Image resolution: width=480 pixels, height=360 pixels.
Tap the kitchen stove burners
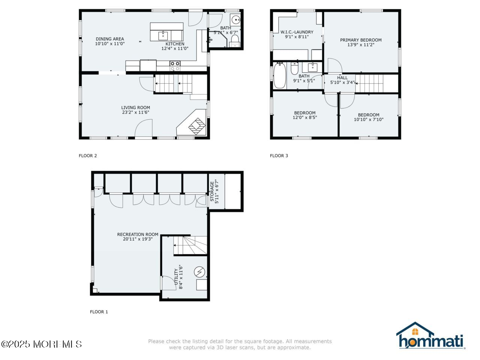(175, 66)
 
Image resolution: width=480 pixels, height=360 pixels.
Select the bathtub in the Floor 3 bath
(279, 76)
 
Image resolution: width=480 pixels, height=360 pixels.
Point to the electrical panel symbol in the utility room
(199, 271)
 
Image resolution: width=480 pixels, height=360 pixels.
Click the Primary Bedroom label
(361, 40)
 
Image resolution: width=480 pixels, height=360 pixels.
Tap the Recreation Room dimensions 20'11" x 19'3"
(138, 239)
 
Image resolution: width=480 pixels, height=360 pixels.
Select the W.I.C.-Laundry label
(297, 32)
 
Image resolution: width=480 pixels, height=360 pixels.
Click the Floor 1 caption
(99, 312)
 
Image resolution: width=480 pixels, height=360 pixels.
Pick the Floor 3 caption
(279, 156)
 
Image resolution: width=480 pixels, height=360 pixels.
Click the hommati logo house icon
(415, 330)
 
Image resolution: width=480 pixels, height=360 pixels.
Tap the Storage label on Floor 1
(212, 192)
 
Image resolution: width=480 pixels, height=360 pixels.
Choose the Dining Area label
(109, 39)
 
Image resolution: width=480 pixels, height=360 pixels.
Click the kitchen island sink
(163, 36)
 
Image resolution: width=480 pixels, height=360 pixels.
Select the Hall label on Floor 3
(342, 78)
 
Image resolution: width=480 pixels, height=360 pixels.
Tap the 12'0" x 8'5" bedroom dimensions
(305, 117)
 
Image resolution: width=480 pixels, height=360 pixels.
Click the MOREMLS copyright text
(41, 344)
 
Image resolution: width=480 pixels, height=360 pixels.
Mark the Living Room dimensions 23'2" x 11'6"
(135, 112)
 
